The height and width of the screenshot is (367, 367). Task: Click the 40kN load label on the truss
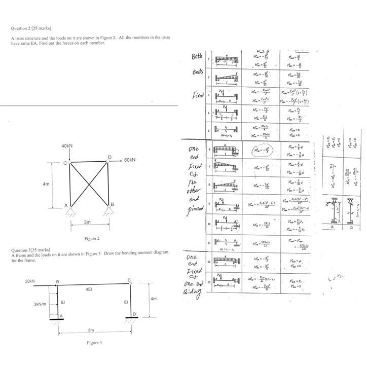point(67,146)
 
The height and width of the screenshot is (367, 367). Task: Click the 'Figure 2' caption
point(92,238)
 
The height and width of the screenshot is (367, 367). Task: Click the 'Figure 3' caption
point(94,343)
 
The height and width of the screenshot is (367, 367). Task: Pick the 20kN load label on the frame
point(30,280)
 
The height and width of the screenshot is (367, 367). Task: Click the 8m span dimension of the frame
point(91,330)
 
